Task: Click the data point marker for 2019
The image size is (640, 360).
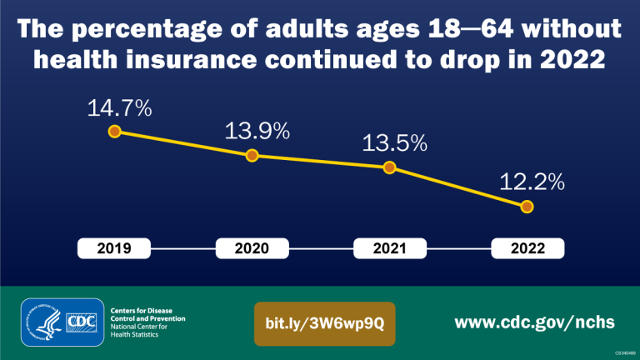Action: [x=115, y=131]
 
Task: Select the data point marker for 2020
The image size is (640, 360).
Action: [x=252, y=155]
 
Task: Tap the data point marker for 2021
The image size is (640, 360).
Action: [x=389, y=167]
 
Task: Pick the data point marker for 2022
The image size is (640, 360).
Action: [x=527, y=207]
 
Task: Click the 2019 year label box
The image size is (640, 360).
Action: [x=114, y=248]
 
